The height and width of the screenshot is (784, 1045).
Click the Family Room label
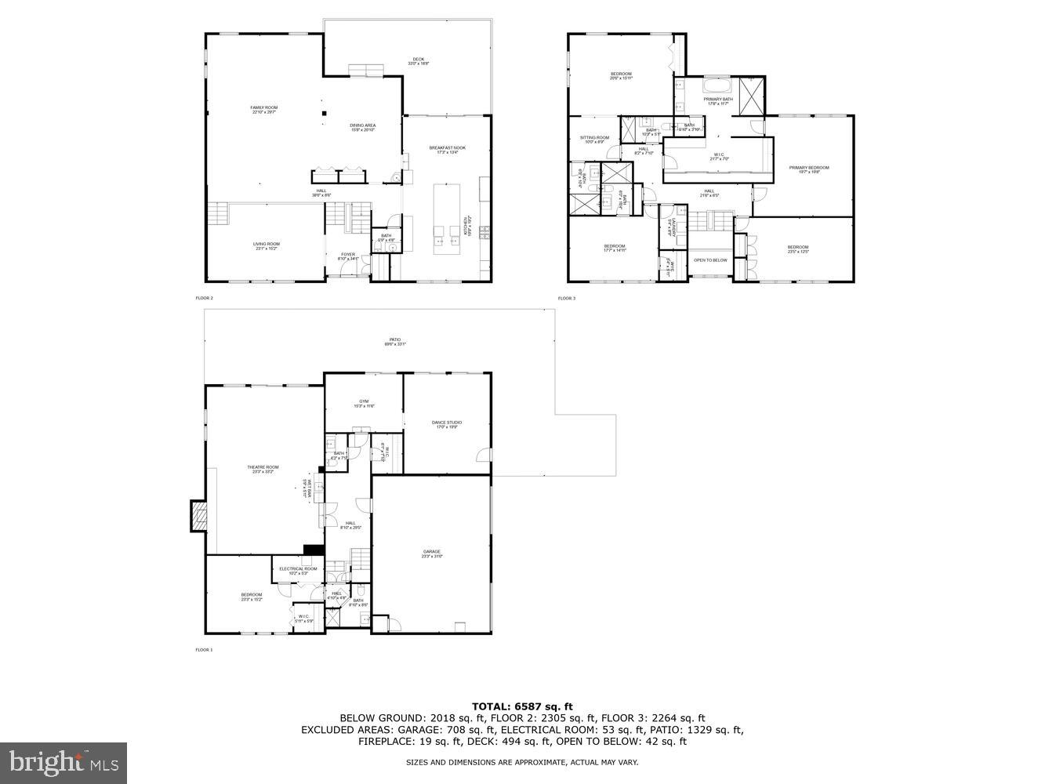263,107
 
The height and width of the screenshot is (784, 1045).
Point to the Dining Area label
362,125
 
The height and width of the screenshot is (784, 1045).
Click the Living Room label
266,244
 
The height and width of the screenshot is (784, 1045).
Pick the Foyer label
347,254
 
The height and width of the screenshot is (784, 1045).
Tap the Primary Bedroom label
808,168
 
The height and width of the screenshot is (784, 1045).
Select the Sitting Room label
594,138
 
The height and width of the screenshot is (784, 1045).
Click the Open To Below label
710,260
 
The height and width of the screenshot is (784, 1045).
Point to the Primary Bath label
718,100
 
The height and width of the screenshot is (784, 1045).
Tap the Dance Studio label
447,423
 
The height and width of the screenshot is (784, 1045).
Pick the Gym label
364,401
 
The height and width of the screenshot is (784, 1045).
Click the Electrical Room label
298,569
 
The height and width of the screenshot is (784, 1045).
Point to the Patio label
393,340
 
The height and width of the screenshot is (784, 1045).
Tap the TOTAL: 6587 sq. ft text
521,706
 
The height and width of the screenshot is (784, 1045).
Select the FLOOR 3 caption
566,299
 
